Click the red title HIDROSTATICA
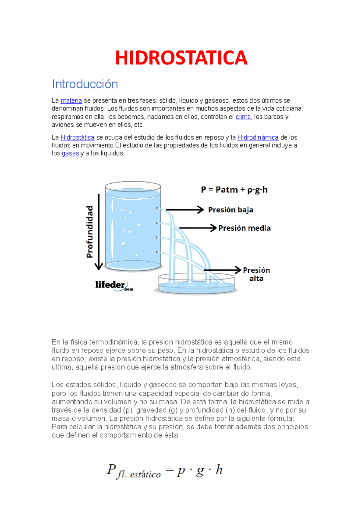181,58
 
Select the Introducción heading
85,84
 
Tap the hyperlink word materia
71,101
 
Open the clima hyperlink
243,117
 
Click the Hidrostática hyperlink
78,137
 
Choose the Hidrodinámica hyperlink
258,137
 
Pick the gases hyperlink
70,153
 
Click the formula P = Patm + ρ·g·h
234,190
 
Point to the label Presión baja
230,210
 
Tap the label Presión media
244,228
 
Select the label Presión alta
256,274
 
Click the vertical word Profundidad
90,232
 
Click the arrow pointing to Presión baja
185,210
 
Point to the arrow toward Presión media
198,228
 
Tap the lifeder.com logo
114,285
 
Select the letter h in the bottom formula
219,470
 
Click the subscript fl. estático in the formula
139,474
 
